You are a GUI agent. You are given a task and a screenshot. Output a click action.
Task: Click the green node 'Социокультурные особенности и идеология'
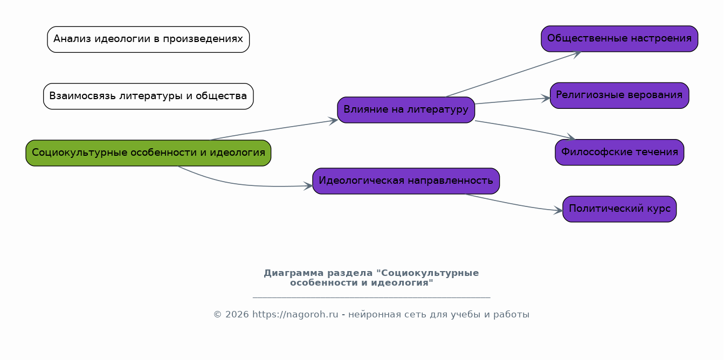pos(148,153)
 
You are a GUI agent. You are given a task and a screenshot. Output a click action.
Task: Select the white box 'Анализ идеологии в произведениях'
pos(148,39)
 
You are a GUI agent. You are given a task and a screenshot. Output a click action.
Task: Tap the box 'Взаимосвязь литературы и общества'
pos(148,96)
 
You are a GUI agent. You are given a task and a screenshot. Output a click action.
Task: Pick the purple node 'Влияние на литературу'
pos(406,110)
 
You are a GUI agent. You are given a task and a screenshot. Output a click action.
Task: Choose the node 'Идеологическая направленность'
pos(406,181)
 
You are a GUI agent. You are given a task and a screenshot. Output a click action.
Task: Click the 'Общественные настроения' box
pos(619,39)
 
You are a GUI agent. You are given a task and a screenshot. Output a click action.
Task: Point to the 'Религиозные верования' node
pos(619,95)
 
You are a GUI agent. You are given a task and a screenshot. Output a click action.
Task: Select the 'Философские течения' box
pos(619,152)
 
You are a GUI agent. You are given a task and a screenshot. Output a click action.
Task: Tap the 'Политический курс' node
pos(619,209)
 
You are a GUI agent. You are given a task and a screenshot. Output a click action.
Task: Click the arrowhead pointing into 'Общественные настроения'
pos(577,54)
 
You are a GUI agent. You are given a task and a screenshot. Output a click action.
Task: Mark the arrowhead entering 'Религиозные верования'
pos(546,99)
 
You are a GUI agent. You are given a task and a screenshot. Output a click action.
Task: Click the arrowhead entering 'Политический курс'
pos(558,210)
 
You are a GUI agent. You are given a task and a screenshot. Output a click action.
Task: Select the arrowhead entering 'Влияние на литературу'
pos(334,121)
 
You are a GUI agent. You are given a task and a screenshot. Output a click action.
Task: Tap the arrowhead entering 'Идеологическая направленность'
pos(308,186)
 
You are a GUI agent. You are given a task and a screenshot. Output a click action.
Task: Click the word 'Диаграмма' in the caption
pos(294,273)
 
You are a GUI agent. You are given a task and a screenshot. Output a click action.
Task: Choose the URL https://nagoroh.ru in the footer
pos(295,314)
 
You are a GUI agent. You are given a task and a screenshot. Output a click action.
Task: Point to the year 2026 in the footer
pos(237,314)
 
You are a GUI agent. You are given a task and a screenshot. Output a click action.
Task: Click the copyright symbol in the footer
pos(217,314)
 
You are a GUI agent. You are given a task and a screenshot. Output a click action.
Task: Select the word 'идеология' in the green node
pos(237,153)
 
